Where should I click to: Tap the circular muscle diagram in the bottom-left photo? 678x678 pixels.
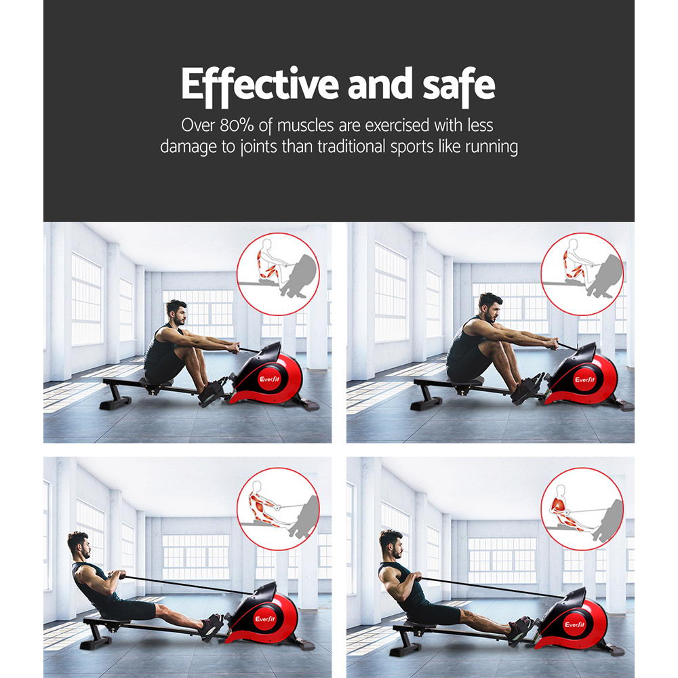pyautogui.click(x=278, y=509)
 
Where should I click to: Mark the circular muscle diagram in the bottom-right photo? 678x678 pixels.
pyautogui.click(x=582, y=509)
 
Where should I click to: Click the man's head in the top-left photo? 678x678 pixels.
pyautogui.click(x=176, y=313)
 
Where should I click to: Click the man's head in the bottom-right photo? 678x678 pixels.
pyautogui.click(x=391, y=543)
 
